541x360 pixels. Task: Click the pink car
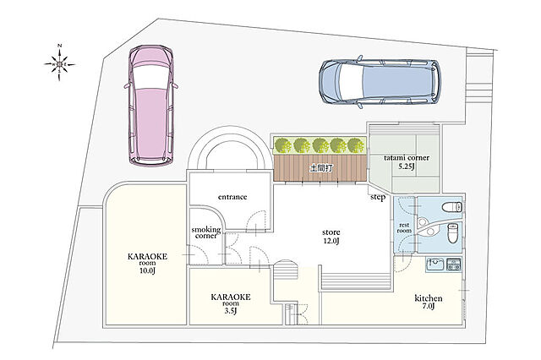pyautogui.click(x=150, y=106)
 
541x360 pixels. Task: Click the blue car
pyautogui.click(x=380, y=82)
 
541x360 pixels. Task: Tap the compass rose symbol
pyautogui.click(x=60, y=63)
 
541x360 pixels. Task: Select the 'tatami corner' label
pyautogui.click(x=407, y=157)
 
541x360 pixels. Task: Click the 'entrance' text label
pyautogui.click(x=232, y=197)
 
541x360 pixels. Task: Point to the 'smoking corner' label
pyautogui.click(x=206, y=232)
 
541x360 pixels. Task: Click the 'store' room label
pyautogui.click(x=331, y=232)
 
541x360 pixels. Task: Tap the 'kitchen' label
pyautogui.click(x=429, y=298)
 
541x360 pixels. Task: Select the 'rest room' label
pyautogui.click(x=404, y=227)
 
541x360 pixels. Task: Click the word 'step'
pyautogui.click(x=378, y=198)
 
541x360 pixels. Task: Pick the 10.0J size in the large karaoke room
pyautogui.click(x=147, y=270)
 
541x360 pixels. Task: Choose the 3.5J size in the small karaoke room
pyautogui.click(x=231, y=311)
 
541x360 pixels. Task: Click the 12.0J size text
pyautogui.click(x=331, y=241)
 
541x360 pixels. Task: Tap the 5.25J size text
pyautogui.click(x=407, y=166)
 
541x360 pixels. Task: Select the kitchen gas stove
pyautogui.click(x=454, y=265)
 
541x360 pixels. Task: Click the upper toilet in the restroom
pyautogui.click(x=451, y=208)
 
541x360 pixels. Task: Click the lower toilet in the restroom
pyautogui.click(x=452, y=232)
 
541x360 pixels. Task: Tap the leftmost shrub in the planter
pyautogui.click(x=283, y=145)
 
